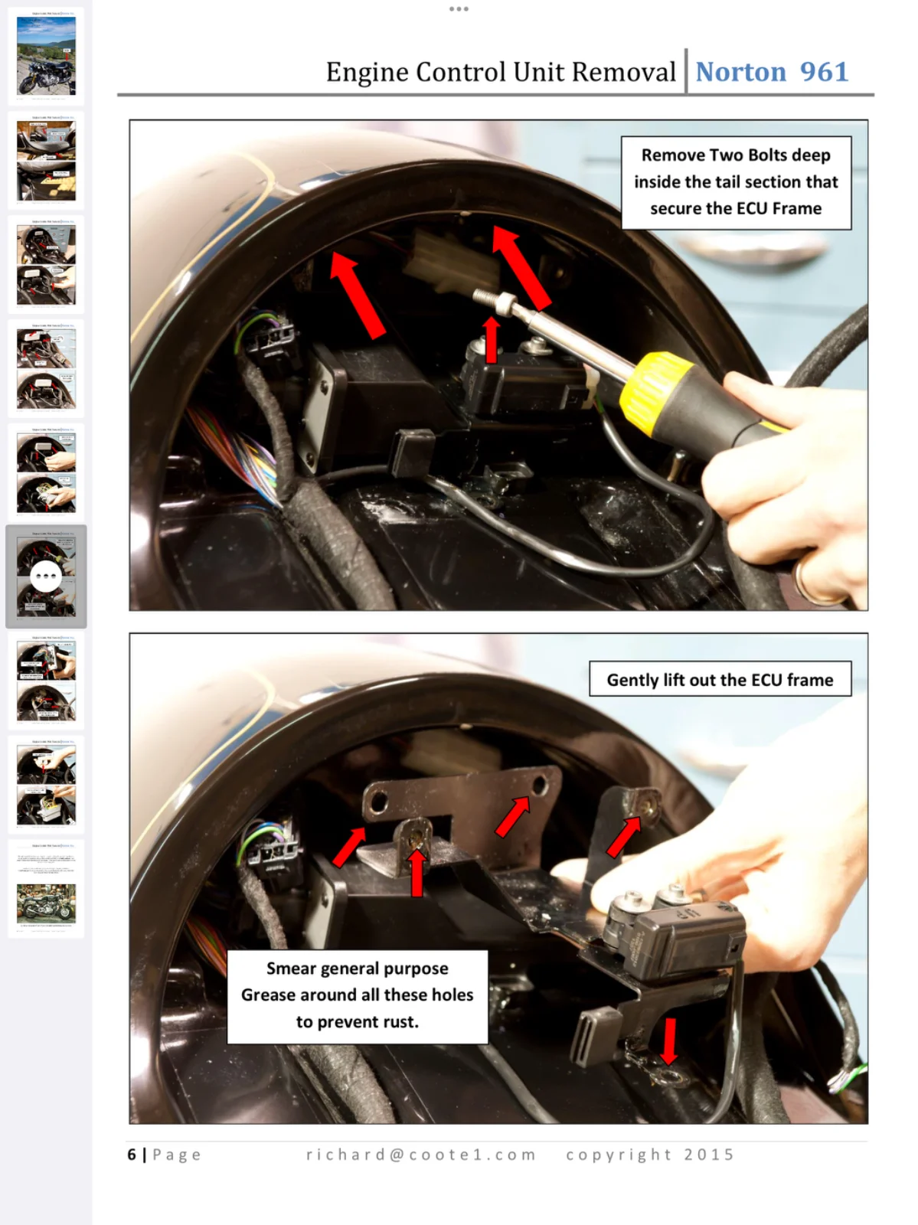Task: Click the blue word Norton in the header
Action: coord(740,72)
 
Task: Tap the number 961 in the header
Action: coord(825,72)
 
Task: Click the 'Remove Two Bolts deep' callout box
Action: coord(736,182)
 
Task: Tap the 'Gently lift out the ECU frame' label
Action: coord(720,678)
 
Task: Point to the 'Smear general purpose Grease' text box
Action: coord(357,996)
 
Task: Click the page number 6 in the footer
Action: coord(132,1154)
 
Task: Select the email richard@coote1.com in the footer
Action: coord(421,1154)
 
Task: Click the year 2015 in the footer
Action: coord(709,1154)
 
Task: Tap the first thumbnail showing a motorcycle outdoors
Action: coord(46,56)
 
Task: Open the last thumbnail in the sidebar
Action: coord(46,888)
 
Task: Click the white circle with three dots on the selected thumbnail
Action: coord(46,576)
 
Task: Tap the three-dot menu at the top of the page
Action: coord(459,9)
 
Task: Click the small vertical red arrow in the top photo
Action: coord(491,339)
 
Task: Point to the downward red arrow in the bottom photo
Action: coord(669,1040)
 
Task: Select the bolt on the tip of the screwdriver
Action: coord(493,300)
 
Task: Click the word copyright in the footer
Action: coord(619,1155)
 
